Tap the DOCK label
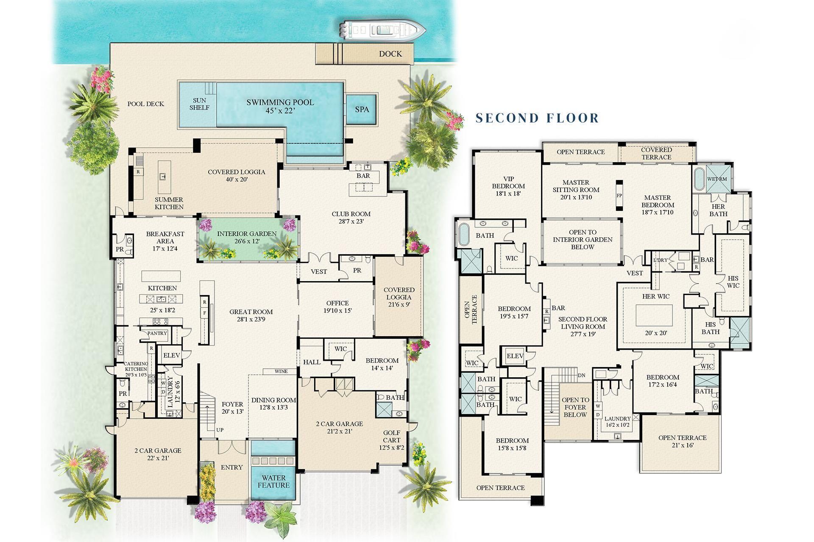click(390, 54)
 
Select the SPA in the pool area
click(362, 109)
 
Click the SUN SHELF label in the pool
click(199, 104)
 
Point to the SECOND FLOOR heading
click(537, 118)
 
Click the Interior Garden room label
click(247, 234)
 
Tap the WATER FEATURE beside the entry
click(273, 481)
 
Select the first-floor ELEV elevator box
click(171, 355)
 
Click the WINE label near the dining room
click(281, 371)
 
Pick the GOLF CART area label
click(391, 437)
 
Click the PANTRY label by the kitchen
click(157, 333)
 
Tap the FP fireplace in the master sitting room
click(619, 196)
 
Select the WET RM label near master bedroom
click(716, 179)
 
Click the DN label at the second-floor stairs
click(582, 375)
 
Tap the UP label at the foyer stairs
click(220, 430)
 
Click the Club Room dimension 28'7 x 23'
click(351, 221)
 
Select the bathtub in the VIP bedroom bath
click(463, 235)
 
